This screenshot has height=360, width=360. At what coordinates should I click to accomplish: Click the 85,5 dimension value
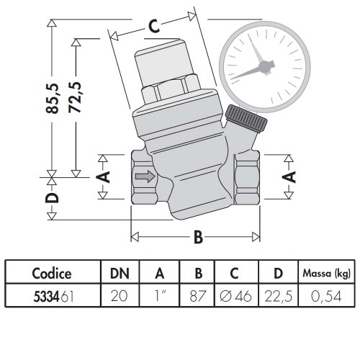click(x=52, y=99)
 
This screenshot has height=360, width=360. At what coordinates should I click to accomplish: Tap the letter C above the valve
click(x=153, y=26)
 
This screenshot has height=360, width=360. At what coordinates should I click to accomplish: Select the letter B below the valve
click(x=198, y=237)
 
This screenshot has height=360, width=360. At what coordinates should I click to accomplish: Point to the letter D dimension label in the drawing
click(x=52, y=198)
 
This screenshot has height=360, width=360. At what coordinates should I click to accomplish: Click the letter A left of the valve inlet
click(x=103, y=177)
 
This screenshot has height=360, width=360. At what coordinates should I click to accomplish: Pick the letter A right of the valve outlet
click(x=289, y=177)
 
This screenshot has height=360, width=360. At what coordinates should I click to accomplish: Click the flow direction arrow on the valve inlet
click(x=145, y=176)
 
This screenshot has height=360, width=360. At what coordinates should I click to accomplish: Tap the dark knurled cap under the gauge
click(x=246, y=118)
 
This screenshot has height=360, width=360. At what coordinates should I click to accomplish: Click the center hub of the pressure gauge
click(x=265, y=66)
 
